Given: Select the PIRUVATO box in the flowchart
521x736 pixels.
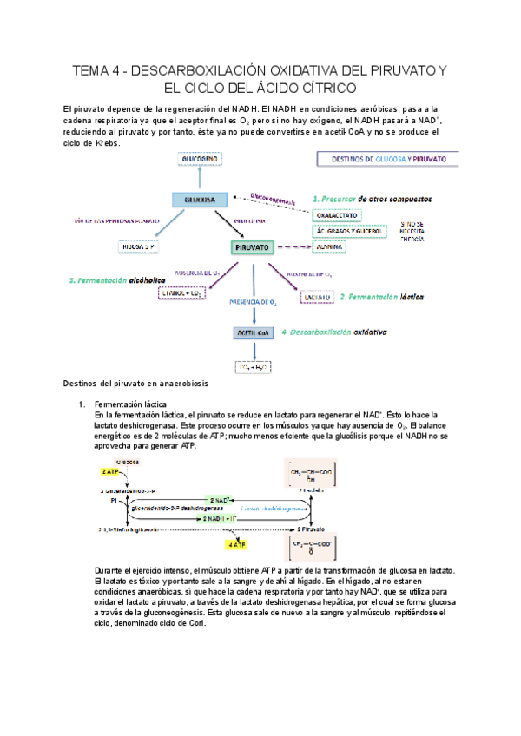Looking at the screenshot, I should click(253, 247).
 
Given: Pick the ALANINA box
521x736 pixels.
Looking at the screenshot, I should click(330, 247).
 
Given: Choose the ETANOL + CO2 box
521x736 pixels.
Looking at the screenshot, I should click(181, 293).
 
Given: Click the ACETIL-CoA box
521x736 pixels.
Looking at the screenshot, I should click(253, 333).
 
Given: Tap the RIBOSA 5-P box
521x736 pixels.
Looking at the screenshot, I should click(140, 247).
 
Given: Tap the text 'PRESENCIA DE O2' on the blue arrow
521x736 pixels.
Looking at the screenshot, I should click(253, 302).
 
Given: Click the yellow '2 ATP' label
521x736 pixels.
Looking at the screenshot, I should click(111, 471).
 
